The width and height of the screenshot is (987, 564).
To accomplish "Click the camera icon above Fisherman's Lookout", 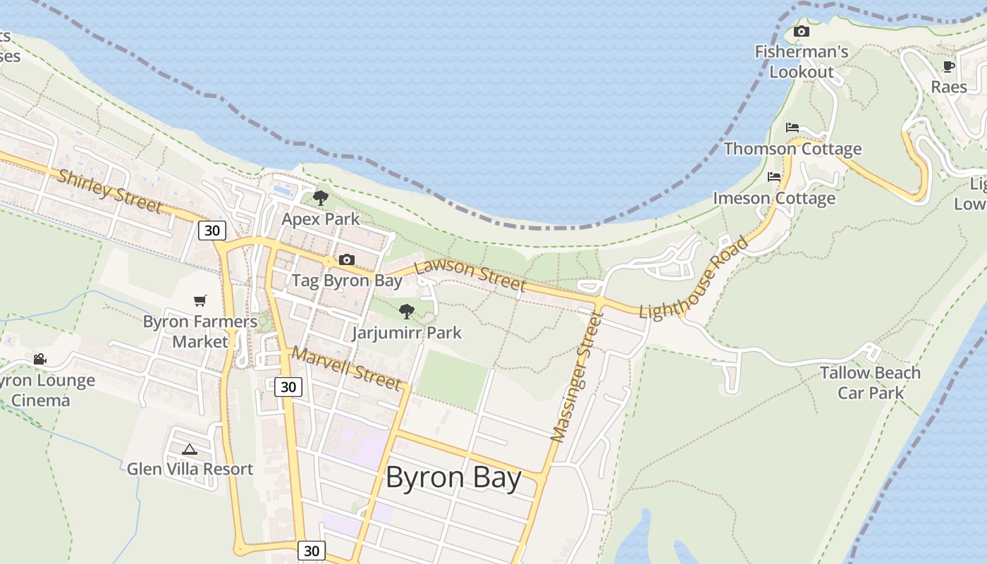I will [801, 31].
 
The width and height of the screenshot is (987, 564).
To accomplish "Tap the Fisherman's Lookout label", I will [802, 62].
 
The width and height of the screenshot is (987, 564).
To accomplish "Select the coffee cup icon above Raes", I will [949, 66].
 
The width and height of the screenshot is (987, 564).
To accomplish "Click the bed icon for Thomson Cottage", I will [792, 128].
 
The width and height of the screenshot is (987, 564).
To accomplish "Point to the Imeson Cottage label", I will [774, 198].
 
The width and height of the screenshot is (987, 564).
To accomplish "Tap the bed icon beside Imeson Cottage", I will [774, 176].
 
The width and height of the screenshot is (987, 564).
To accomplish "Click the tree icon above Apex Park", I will [321, 197].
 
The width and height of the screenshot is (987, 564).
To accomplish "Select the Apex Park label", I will [321, 219].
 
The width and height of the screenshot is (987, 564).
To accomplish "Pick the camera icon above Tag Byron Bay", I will [346, 259].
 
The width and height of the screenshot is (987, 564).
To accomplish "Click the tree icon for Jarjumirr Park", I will [406, 311].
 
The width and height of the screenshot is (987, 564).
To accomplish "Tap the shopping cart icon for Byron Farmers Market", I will [200, 301].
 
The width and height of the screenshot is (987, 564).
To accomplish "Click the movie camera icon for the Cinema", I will [40, 359].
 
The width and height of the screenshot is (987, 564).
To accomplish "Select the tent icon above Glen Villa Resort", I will [189, 448].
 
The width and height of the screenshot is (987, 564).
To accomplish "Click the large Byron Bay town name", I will [453, 478].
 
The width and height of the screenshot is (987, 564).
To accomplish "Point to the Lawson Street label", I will [470, 275].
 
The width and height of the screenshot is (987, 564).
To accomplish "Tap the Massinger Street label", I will [577, 378].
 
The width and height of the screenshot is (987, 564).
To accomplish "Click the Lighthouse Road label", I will [694, 278].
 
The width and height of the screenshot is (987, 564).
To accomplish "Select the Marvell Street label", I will [346, 368].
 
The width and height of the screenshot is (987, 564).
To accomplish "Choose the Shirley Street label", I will [109, 190].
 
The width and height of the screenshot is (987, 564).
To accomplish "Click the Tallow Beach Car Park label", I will [870, 382].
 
